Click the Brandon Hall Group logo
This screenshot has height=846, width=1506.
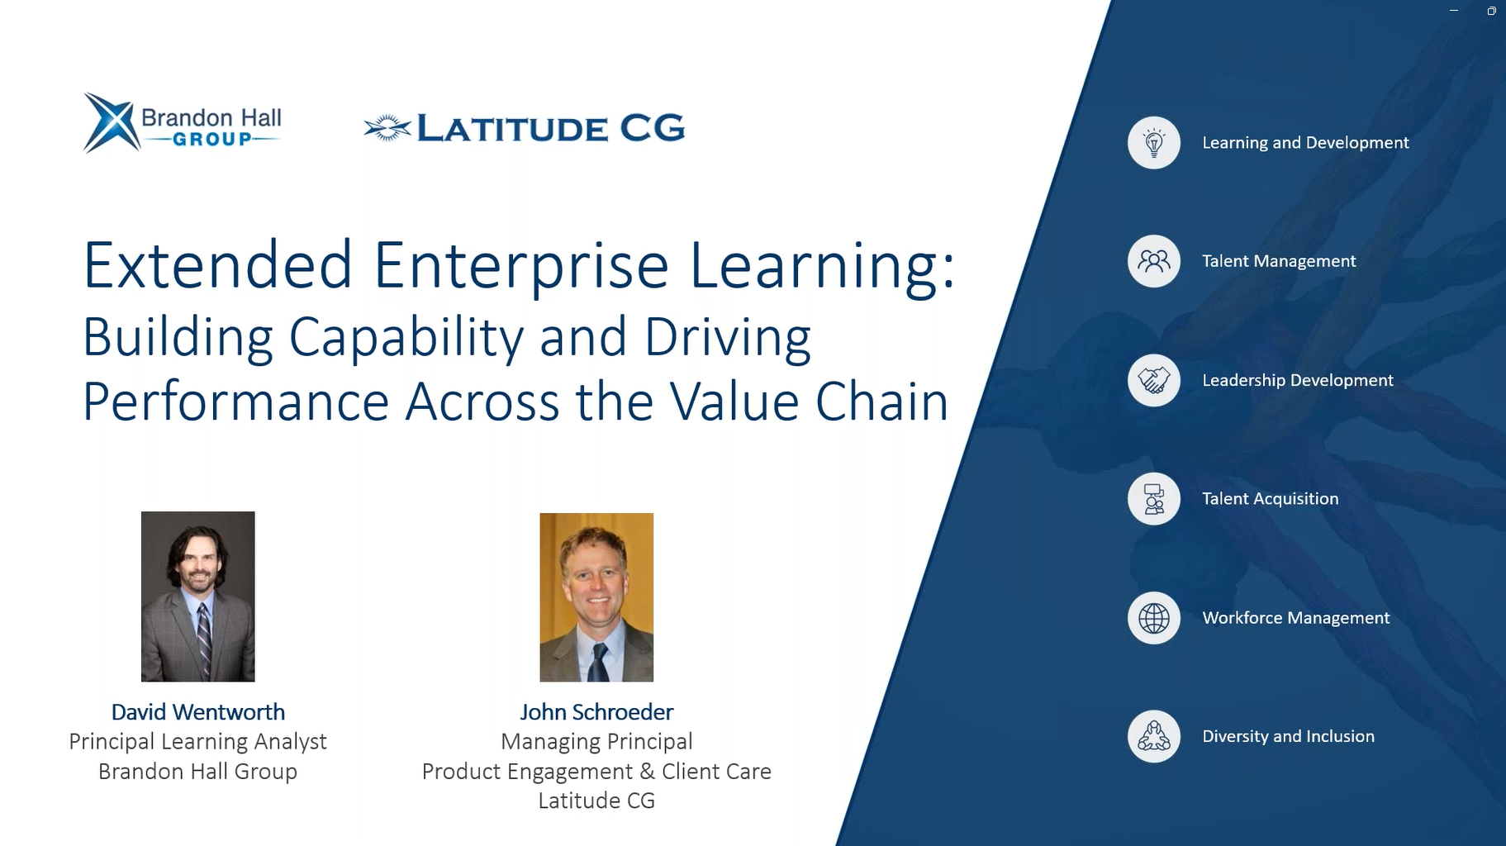pos(183,123)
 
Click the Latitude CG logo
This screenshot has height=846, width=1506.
pos(524,128)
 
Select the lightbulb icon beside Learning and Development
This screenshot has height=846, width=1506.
pos(1154,143)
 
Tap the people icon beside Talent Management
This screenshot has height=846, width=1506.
pos(1154,261)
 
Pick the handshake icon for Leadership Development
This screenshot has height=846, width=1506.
pos(1154,380)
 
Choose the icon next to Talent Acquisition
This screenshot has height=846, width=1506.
pos(1154,499)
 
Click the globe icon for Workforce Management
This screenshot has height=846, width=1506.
pos(1154,618)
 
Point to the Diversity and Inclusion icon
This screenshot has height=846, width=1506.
pos(1154,736)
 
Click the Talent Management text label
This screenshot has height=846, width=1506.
pos(1279,261)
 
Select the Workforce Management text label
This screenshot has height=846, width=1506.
pos(1296,618)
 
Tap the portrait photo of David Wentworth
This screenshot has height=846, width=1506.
pos(198,596)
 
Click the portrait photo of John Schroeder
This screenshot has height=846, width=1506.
pos(596,597)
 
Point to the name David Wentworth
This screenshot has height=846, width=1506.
pos(198,712)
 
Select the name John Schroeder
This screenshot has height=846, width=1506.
pos(596,712)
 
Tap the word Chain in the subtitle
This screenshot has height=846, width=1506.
pos(882,402)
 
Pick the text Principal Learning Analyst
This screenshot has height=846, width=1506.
pos(198,742)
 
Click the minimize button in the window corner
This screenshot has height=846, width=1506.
pos(1454,11)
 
